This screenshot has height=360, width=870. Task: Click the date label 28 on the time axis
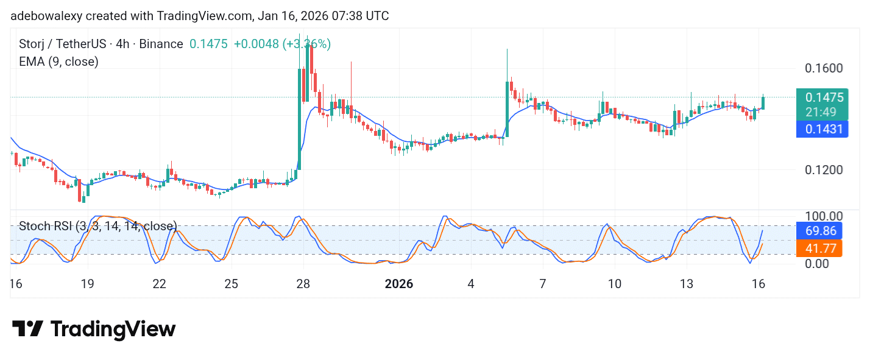pyautogui.click(x=303, y=284)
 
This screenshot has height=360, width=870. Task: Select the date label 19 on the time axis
pyautogui.click(x=87, y=284)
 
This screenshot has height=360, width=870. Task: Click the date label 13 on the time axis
pyautogui.click(x=687, y=284)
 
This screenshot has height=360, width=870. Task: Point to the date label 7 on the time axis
pyautogui.click(x=542, y=284)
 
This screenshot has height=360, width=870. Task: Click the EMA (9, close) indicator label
pyautogui.click(x=58, y=61)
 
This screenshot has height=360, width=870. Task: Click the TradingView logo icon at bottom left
pyautogui.click(x=28, y=330)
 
